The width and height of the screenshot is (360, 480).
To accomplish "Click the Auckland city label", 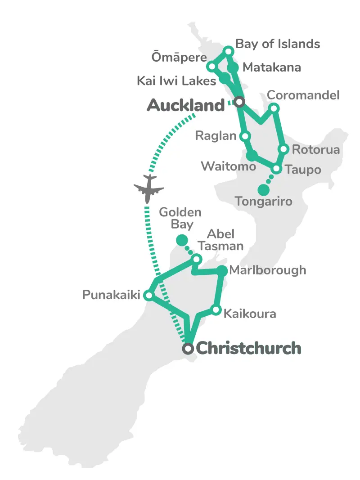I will pos(185,106).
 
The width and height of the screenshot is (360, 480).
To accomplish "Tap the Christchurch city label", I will pos(249,348).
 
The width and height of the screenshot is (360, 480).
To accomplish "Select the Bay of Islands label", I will pos(278,44).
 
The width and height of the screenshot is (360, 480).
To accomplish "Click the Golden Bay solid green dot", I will pos(182,240).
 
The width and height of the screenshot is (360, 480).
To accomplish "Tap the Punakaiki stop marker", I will pos(148,296).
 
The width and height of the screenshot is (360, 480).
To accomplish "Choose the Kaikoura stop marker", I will pos(216,310).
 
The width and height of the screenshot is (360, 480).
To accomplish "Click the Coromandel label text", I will pos(303,95).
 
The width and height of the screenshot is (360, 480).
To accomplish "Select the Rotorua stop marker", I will pos(283,149).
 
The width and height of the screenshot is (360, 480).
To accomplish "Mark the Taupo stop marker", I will pos(277,169).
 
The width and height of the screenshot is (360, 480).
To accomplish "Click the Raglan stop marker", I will pos(245,135).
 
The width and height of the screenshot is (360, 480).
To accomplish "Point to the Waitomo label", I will pos(228,166).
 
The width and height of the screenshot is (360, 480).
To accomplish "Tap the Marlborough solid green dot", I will pos(222,270).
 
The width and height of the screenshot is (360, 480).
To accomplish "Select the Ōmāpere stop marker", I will pos(211,67).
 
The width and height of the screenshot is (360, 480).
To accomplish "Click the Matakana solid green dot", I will pos(233,68).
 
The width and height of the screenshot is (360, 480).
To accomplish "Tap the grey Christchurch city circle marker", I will pos(189,348).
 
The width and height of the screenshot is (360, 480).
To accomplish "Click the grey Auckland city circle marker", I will pos(239,102).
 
